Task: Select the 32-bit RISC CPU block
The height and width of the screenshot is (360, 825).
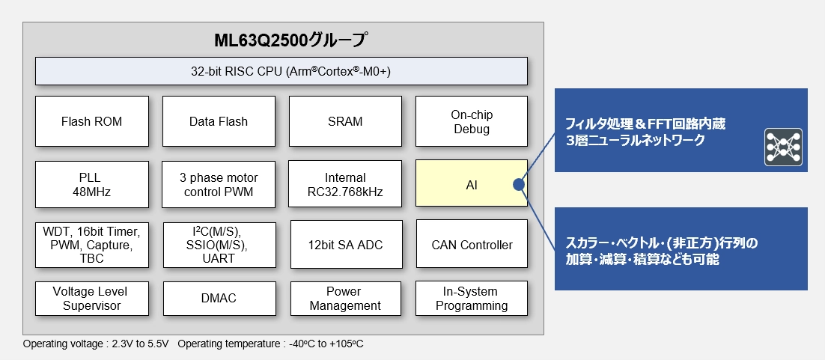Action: click(x=281, y=72)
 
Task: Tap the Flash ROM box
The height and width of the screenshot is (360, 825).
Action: click(x=91, y=121)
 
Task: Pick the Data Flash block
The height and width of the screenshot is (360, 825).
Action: click(x=218, y=121)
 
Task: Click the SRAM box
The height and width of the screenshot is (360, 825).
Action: click(x=345, y=121)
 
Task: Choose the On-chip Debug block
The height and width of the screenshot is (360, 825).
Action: click(x=471, y=121)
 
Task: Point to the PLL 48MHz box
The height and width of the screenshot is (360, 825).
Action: click(x=91, y=184)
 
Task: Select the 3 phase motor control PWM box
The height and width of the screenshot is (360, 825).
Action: click(x=218, y=184)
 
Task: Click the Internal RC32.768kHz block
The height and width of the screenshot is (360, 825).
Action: click(x=345, y=184)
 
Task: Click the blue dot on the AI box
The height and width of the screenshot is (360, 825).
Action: click(x=517, y=184)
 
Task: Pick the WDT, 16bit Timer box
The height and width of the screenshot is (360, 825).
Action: click(x=91, y=244)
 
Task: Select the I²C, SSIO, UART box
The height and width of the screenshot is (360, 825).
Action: click(x=218, y=244)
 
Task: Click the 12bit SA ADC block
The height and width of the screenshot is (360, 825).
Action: click(x=345, y=245)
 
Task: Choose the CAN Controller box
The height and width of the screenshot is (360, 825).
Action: click(x=472, y=245)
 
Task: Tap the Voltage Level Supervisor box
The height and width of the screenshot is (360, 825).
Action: click(x=91, y=298)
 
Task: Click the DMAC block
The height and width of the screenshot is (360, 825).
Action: click(x=218, y=298)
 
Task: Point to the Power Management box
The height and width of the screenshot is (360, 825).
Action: click(x=345, y=298)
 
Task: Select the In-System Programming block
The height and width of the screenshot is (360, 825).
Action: click(x=472, y=298)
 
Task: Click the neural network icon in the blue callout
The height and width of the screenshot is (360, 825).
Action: click(x=783, y=147)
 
